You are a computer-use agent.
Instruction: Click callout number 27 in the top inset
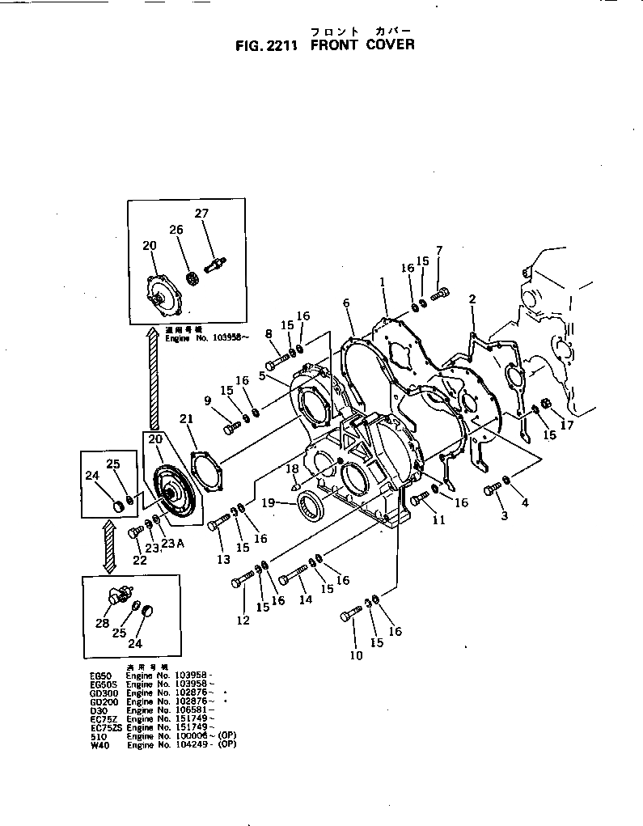tap(201, 214)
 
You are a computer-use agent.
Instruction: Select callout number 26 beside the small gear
tap(176, 229)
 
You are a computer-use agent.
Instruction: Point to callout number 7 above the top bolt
tap(439, 250)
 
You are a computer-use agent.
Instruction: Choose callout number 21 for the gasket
tap(187, 418)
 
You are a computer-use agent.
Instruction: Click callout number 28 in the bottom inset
tap(102, 623)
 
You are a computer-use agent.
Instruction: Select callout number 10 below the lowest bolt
tap(356, 655)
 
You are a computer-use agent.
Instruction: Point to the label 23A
tap(172, 544)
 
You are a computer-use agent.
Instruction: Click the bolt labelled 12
tap(243, 581)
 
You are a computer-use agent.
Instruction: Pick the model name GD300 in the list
tap(104, 693)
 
